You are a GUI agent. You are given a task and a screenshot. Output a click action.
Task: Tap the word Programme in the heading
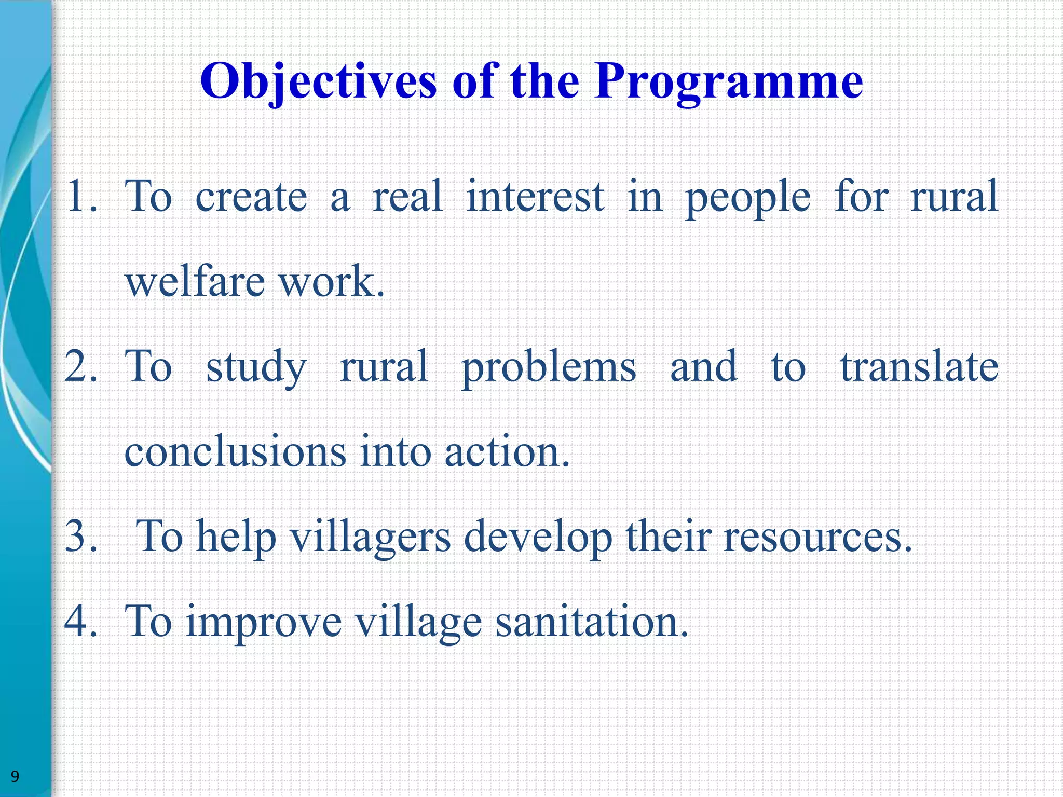coord(729,82)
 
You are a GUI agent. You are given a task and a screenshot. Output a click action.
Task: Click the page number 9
coord(15,776)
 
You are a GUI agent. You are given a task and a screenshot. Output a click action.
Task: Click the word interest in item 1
coord(535,197)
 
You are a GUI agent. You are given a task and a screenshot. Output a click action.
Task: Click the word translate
coord(919,367)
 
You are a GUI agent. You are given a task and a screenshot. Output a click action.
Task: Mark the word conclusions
coord(235,452)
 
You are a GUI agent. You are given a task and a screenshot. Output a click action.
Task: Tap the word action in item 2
coord(507,452)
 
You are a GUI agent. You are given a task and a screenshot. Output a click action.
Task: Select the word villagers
coord(370,538)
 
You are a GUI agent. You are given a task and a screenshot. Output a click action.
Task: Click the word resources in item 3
coord(817,538)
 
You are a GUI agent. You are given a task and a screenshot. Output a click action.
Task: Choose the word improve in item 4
coord(264,623)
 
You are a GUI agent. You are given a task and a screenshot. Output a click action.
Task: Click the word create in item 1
coord(251,197)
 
